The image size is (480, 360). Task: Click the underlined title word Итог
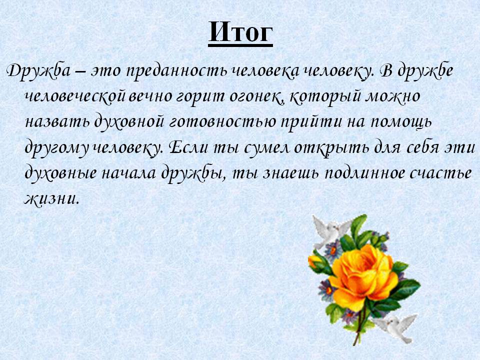pyautogui.click(x=240, y=32)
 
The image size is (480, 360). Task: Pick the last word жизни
pyautogui.click(x=51, y=199)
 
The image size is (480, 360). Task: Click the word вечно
pyautogui.click(x=149, y=96)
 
